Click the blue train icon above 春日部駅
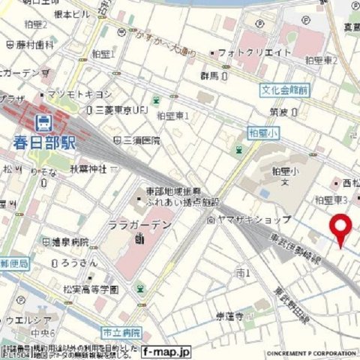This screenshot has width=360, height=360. (x=44, y=121)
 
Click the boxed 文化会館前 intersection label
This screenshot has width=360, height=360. (x=285, y=90)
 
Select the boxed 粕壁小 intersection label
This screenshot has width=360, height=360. (x=262, y=132)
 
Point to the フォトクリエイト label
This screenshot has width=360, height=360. (x=250, y=52)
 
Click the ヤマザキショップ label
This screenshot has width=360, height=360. (x=243, y=220)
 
